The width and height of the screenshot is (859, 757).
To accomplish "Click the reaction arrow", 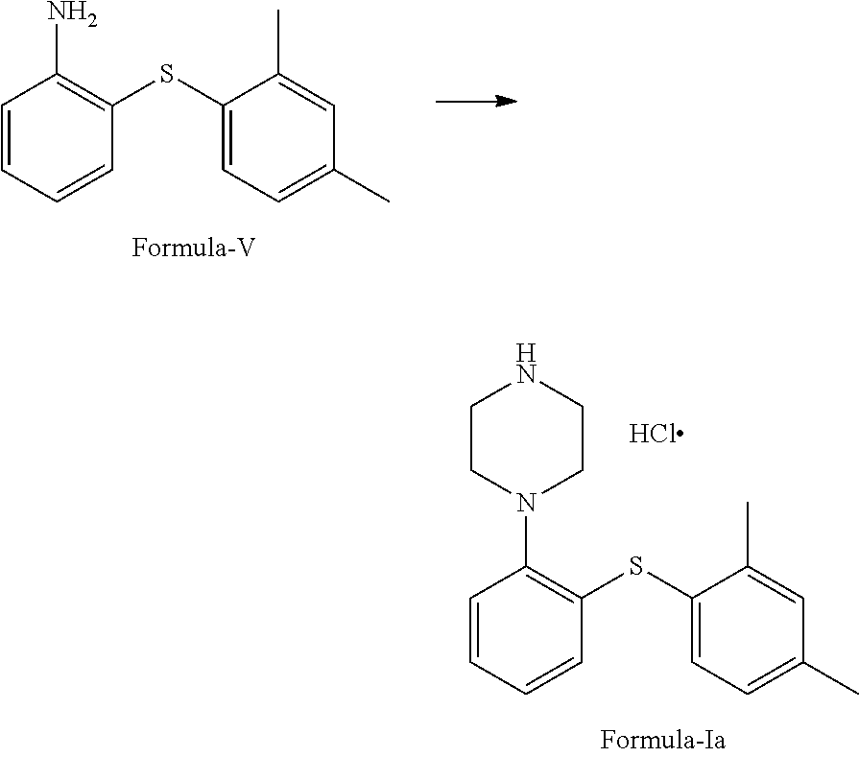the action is point(477,101).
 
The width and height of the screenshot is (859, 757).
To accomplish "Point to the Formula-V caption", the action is point(193,248).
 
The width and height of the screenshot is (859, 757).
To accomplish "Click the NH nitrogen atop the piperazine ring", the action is point(526,369).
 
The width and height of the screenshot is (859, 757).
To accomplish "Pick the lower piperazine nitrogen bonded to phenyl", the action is point(526,502).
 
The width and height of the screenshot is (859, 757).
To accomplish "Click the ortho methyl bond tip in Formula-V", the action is point(278,12).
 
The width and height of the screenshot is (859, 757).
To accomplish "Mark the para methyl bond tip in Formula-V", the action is point(389,201).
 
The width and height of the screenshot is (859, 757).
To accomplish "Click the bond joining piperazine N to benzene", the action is point(526,539).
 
